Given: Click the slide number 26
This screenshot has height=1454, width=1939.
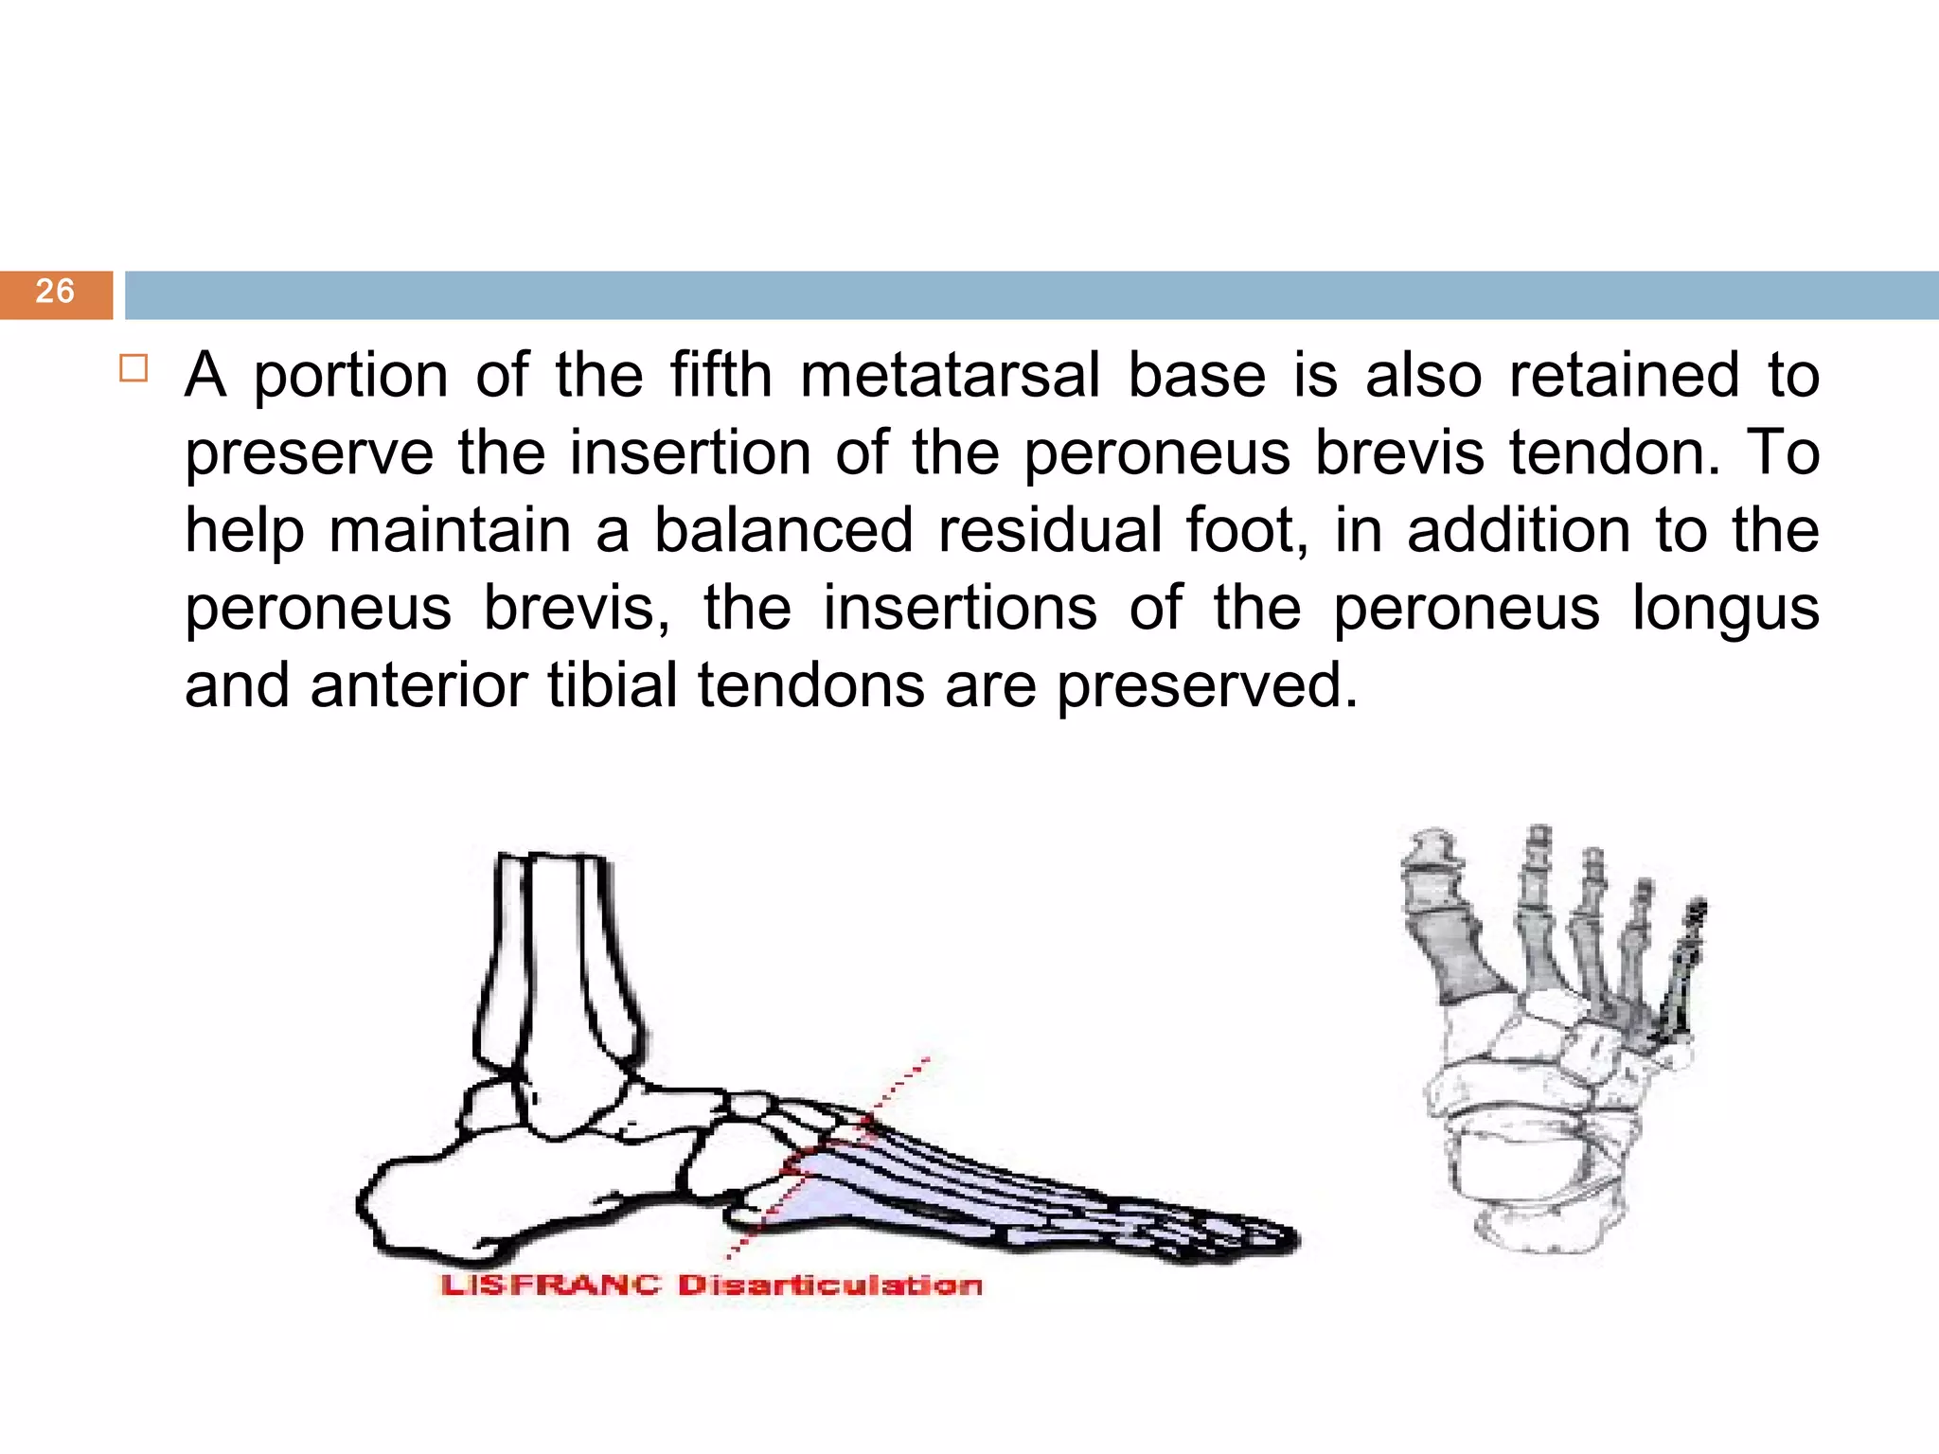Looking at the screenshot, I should click(x=55, y=292).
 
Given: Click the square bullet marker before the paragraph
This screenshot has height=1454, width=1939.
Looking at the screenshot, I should click(x=133, y=368).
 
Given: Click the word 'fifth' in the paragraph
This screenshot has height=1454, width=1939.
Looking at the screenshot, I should click(x=721, y=375).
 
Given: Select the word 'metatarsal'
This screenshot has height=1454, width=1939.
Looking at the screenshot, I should click(x=950, y=375).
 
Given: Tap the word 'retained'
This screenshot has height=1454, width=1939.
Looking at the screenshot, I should click(x=1624, y=375).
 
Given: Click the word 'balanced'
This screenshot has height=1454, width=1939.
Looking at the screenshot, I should click(x=784, y=530).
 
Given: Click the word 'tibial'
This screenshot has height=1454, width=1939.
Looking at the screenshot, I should click(x=613, y=685).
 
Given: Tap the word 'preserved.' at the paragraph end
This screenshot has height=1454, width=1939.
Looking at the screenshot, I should click(x=1207, y=685).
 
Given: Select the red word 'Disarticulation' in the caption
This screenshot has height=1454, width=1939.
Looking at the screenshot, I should click(x=830, y=1286).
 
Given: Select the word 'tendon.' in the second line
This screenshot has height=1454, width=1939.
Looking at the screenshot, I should click(x=1615, y=452).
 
